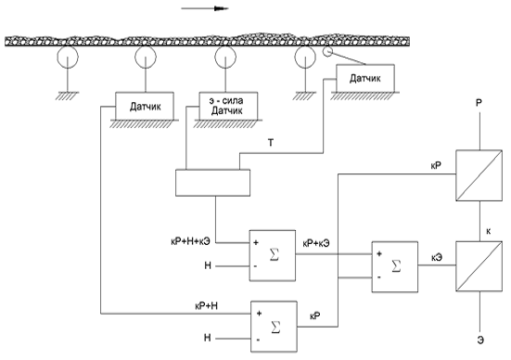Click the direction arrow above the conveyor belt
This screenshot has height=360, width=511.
pos(205,8)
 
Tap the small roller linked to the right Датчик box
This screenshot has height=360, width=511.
pos(326,52)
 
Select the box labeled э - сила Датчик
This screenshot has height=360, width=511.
pos(228,106)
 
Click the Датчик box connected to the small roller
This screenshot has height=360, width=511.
pos(365,78)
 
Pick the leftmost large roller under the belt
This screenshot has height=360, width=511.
pos(68,57)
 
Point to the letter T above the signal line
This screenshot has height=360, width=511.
pos(271,143)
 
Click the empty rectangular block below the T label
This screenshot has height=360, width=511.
pos(212,183)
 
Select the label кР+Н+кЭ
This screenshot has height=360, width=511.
pos(191,241)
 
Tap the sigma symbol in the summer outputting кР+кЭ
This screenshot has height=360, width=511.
pos(275,254)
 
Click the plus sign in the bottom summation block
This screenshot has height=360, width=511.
pos(259,314)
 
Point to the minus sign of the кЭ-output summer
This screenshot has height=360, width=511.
pos(379,277)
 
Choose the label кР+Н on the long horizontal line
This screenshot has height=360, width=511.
pos(206,306)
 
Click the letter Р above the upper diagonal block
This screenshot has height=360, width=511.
pos(479,103)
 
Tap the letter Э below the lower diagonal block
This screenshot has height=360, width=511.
pos(480,341)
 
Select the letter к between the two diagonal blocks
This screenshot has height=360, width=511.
pos(489,232)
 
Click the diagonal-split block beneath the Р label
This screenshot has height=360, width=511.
pos(479,175)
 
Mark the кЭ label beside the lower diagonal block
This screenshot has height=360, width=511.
pos(437,258)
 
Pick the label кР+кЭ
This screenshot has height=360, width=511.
pos(316,243)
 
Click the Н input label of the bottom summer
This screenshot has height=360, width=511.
pos(207,338)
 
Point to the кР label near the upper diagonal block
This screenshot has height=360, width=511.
pos(436,166)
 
